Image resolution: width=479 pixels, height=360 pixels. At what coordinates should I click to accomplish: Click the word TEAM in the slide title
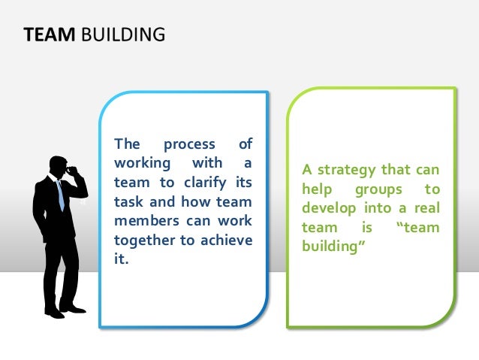(44, 35)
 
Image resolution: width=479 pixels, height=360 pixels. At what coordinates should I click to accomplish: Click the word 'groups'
(378, 189)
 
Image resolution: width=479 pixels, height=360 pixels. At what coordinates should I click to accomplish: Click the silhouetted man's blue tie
(59, 195)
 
